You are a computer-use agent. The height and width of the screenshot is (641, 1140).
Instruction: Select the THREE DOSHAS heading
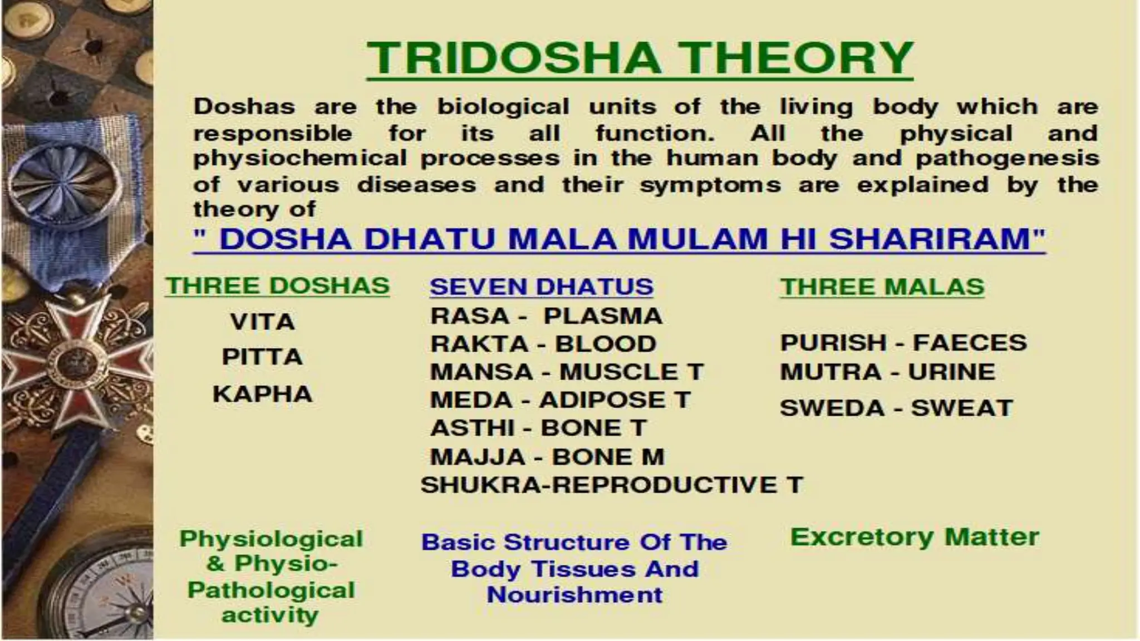tap(277, 286)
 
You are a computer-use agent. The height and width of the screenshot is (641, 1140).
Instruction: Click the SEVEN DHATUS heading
tap(541, 287)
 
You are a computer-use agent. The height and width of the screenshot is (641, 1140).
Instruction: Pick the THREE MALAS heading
tap(882, 287)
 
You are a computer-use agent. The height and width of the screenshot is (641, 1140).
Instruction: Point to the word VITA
tap(262, 322)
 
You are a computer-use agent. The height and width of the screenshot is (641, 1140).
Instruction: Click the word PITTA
tap(262, 357)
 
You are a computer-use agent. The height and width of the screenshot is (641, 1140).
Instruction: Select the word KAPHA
tap(262, 395)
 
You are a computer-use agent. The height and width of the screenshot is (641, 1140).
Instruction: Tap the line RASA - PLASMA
tap(546, 316)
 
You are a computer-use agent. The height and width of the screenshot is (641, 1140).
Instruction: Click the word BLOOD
tap(606, 344)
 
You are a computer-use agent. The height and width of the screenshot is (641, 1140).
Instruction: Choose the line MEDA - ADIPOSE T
tap(559, 400)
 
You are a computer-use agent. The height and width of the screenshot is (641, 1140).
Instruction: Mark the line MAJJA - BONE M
tap(547, 457)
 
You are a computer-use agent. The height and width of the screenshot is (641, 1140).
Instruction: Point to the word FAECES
tap(969, 343)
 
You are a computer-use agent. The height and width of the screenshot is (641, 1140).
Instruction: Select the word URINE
tap(951, 372)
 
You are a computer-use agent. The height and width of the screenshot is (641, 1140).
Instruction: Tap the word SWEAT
tap(961, 408)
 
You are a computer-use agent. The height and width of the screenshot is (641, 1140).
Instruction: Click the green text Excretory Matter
tap(915, 538)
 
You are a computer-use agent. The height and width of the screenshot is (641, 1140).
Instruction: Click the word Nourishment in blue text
tap(574, 595)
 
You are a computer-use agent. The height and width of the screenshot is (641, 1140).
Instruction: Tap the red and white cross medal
tap(75, 362)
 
